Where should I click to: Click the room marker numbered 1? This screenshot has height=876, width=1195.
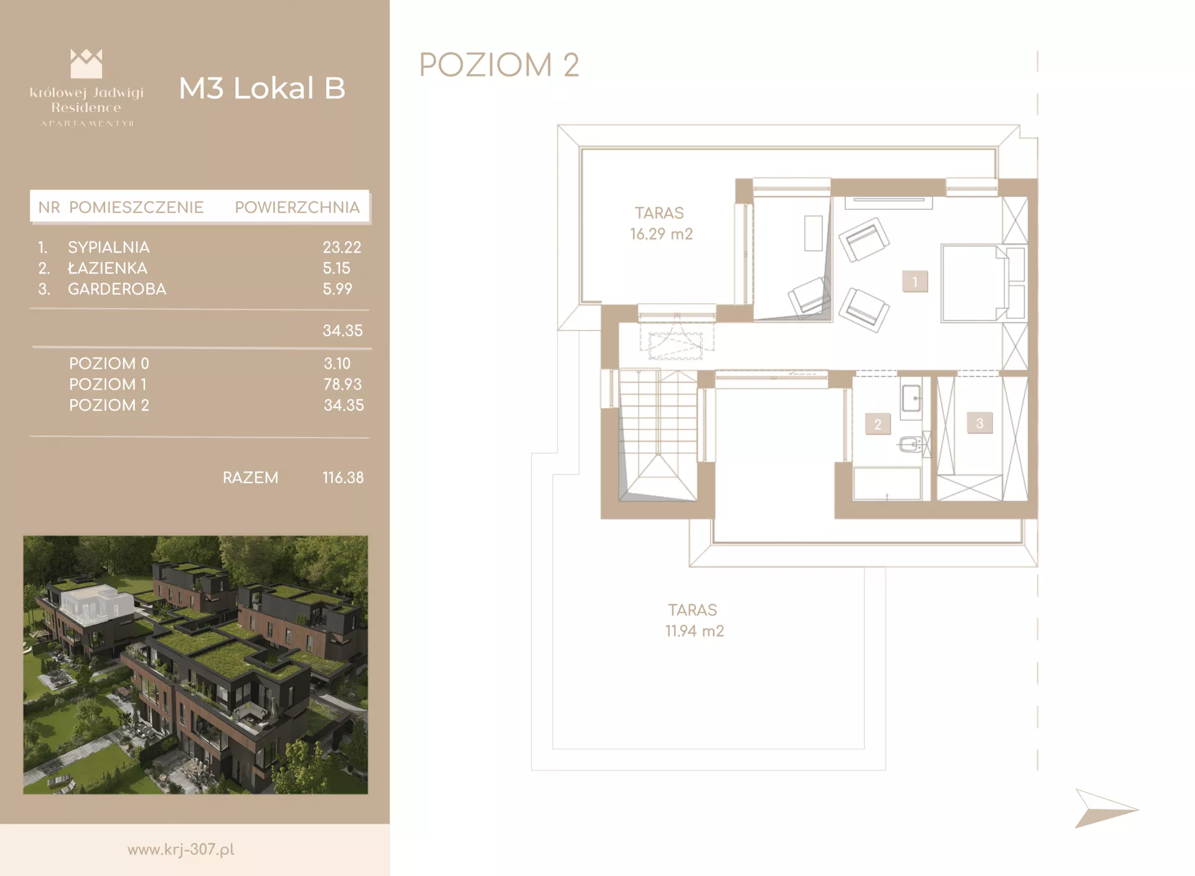[x=915, y=281]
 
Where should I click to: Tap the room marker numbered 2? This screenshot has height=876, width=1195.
[x=878, y=424]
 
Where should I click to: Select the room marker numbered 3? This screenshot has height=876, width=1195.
[x=980, y=423]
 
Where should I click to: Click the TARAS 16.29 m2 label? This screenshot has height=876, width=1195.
[x=661, y=224]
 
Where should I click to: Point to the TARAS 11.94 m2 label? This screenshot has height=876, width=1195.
[x=694, y=620]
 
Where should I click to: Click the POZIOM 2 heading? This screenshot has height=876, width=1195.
[x=499, y=65]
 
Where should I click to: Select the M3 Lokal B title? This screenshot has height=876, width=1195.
[x=262, y=88]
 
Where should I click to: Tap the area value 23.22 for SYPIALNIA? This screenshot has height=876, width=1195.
[x=342, y=247]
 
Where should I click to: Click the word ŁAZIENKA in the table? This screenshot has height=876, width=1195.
[x=108, y=268]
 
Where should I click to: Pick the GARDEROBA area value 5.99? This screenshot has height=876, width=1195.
[x=337, y=289]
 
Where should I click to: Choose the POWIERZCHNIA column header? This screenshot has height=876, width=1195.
[x=297, y=207]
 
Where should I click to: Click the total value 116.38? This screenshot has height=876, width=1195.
[x=343, y=478]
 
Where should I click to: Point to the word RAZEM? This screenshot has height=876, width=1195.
[x=250, y=478]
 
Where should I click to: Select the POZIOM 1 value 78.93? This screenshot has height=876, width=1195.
[x=342, y=384]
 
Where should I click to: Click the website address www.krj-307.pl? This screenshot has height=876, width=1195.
[x=180, y=850]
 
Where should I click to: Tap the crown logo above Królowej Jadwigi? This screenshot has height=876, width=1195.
[x=86, y=64]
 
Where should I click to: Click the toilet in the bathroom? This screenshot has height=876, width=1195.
[x=911, y=445]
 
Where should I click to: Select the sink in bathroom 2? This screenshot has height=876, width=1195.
[x=911, y=397]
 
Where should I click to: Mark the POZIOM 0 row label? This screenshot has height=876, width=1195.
[x=109, y=364]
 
